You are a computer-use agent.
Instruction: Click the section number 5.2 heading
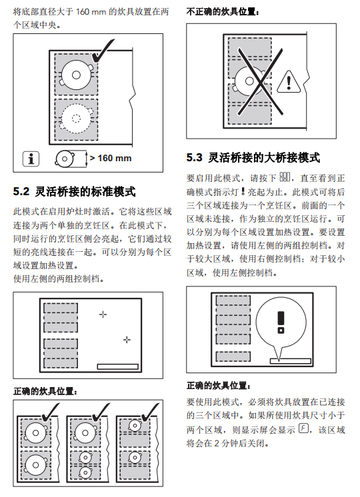click(21, 191)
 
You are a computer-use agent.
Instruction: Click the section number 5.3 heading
click(194, 157)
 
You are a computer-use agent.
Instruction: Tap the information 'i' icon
click(31, 159)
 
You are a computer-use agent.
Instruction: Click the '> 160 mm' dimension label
click(111, 158)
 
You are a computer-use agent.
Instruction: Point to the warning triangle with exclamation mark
click(289, 82)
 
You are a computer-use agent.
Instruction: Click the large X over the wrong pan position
click(260, 82)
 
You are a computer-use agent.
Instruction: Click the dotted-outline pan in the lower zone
click(76, 118)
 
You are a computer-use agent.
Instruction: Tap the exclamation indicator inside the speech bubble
click(281, 322)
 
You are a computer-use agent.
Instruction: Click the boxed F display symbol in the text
click(303, 428)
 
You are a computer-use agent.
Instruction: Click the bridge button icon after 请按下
click(285, 177)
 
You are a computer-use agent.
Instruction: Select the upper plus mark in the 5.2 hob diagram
click(103, 314)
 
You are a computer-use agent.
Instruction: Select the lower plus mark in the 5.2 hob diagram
click(127, 340)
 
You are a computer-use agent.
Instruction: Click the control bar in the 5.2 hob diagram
click(118, 366)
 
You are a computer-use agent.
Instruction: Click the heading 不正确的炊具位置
click(223, 12)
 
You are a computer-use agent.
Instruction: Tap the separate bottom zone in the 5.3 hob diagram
click(233, 356)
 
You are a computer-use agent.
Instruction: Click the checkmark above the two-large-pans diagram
click(50, 412)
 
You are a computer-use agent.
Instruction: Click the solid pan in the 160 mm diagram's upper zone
click(77, 75)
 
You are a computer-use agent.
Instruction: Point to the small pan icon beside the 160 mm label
click(65, 159)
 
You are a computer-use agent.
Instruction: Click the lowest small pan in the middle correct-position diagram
click(85, 472)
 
